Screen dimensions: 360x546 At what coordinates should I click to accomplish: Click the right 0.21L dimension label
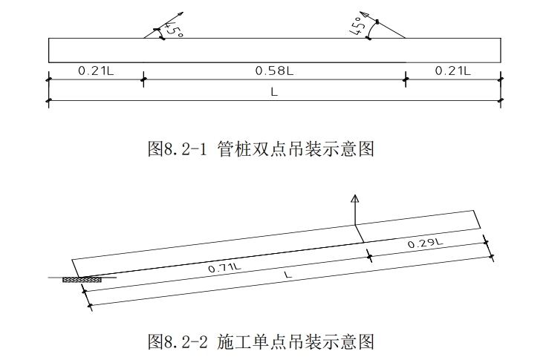pos(452,71)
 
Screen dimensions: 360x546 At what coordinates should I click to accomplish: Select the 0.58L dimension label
pos(274,71)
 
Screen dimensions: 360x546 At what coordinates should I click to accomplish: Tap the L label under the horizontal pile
pos(274,93)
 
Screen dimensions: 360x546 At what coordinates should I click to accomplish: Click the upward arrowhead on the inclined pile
pos(355,199)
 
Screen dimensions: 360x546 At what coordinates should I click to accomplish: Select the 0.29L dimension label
pos(426,243)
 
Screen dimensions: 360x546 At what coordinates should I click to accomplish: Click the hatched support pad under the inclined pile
pos(80,280)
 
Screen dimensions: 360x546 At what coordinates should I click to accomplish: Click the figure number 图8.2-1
pos(180,149)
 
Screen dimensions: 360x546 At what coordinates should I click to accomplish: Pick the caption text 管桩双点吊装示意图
pos(295,149)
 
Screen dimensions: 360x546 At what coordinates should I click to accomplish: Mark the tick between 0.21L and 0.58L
pos(142,77)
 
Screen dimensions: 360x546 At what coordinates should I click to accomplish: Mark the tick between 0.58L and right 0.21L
pos(406,77)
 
